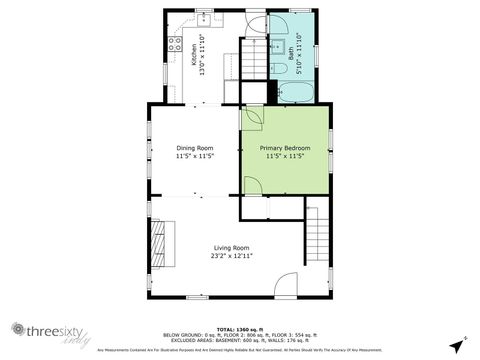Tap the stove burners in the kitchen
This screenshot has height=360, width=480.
pyautogui.click(x=174, y=46)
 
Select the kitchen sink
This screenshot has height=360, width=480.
pyautogui.click(x=206, y=18)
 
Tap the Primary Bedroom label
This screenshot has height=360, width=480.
pyautogui.click(x=286, y=147)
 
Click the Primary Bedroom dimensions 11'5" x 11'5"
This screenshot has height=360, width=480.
pyautogui.click(x=286, y=156)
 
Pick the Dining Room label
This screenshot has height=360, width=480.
pyautogui.click(x=195, y=147)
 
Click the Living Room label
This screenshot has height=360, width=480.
pyautogui.click(x=231, y=247)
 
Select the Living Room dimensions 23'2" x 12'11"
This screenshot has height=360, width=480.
pyautogui.click(x=231, y=256)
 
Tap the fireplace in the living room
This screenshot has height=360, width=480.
pyautogui.click(x=158, y=245)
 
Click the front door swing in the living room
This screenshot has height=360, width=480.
pyautogui.click(x=286, y=284)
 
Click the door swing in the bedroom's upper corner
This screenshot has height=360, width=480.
pyautogui.click(x=253, y=117)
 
